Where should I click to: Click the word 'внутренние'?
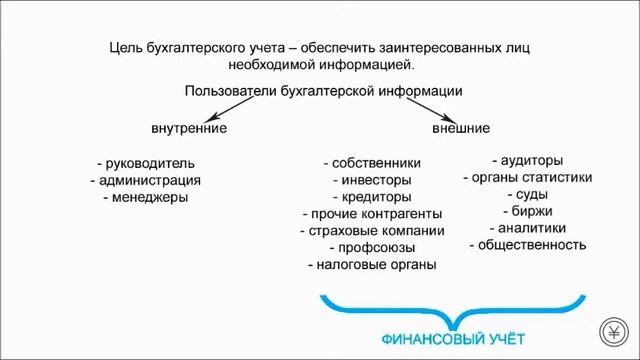coord(189,129)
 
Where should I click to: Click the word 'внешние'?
coord(460,129)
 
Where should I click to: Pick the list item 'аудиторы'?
coord(527,160)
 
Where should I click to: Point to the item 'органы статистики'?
coord(527,177)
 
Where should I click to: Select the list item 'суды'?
coord(527,194)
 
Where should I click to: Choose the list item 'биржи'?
coord(527,211)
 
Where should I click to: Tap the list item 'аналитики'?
coord(527,227)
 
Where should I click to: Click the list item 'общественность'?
coord(527,244)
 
